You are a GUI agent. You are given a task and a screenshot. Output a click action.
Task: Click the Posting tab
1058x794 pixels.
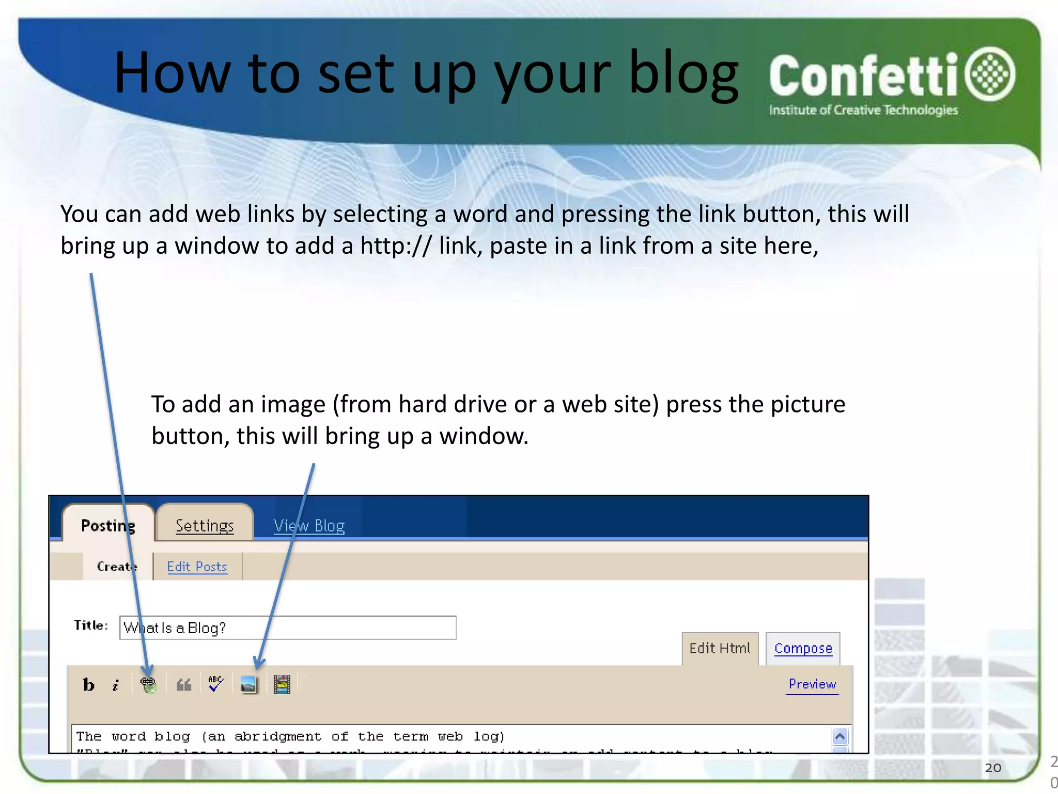point(108,526)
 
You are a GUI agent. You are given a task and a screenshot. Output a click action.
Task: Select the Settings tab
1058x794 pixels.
point(205,526)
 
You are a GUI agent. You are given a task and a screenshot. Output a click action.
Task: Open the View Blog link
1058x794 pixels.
point(309,526)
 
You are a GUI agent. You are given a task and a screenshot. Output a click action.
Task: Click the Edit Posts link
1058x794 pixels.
point(197,567)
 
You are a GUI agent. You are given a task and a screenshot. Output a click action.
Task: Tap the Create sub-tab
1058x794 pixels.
point(117,567)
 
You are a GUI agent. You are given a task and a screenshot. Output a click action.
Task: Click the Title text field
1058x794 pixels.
point(288,628)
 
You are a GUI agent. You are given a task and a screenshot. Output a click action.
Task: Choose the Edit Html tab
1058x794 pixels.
point(720,648)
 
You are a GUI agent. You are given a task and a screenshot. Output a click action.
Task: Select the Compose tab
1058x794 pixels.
point(803,648)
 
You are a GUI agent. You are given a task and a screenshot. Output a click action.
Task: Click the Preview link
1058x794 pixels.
point(812,684)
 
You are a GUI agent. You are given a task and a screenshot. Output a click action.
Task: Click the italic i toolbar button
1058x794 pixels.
point(116,685)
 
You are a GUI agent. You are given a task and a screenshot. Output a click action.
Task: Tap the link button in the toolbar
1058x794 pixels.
point(148,685)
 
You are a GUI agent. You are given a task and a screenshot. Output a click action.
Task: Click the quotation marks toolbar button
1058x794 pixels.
point(184,685)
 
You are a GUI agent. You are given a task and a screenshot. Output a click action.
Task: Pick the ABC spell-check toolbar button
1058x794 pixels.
point(216,684)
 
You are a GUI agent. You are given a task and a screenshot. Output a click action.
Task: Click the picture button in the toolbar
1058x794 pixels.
point(248,685)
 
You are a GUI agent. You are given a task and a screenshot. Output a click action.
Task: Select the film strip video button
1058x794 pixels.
point(282,685)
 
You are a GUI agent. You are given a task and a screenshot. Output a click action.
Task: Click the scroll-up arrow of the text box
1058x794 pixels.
point(840,736)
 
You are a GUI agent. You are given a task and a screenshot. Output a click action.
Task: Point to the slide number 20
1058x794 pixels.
point(993,768)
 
